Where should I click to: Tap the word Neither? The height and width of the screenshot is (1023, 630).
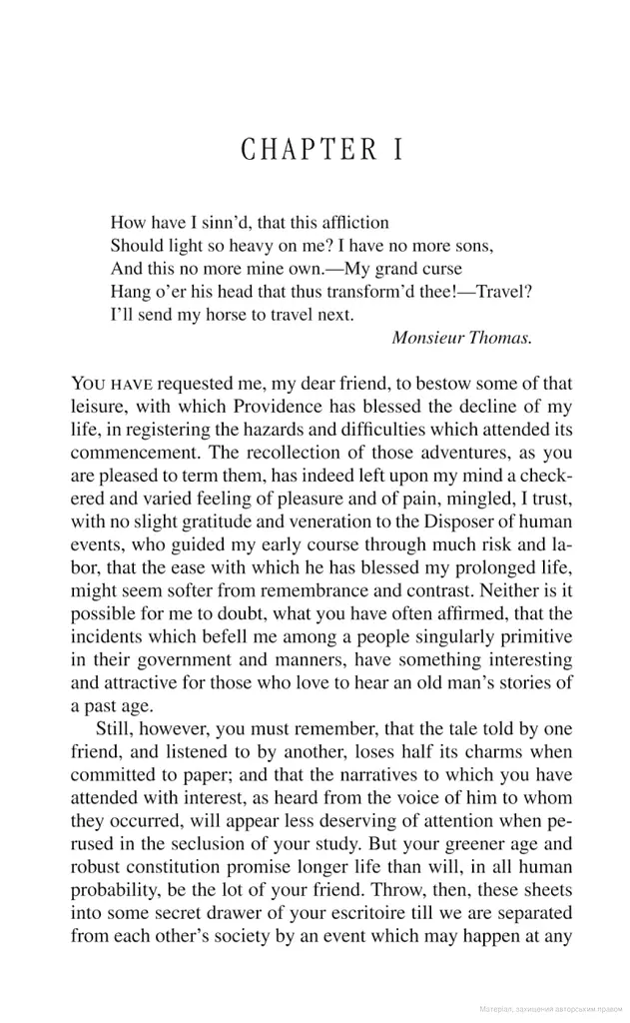492,588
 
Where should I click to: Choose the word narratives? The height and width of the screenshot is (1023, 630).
337,773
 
